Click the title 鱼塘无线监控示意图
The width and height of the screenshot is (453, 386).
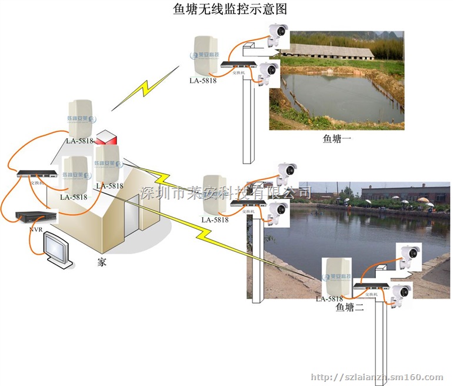226,9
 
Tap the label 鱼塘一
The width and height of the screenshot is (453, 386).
336,139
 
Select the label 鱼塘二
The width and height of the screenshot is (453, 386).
349,307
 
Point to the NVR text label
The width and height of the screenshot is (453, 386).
36,229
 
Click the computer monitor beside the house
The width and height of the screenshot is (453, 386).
59,251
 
